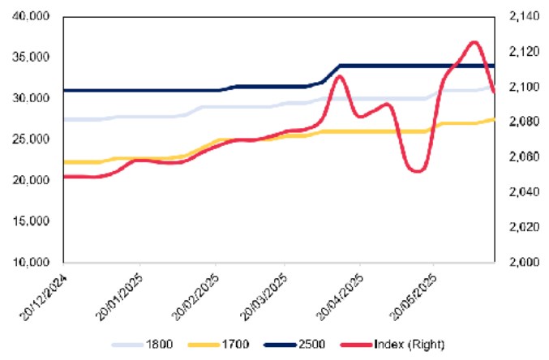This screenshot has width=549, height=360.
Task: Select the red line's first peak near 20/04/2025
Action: [341, 76]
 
